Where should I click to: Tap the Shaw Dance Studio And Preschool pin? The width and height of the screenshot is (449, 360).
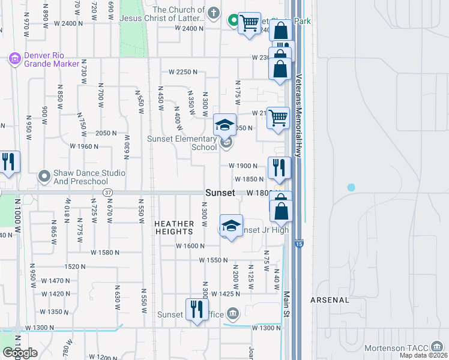[x=44, y=176]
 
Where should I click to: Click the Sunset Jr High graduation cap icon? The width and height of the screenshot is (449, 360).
[x=231, y=226]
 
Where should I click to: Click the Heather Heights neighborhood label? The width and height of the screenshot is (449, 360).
[x=174, y=227]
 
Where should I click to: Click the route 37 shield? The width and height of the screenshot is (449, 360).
[x=107, y=192]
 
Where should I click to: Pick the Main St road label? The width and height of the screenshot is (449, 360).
[x=287, y=306]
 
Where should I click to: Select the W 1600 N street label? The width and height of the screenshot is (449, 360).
[x=190, y=245]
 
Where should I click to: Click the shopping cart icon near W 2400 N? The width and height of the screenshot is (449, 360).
[x=249, y=24]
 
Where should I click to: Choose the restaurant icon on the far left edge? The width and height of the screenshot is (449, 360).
[x=8, y=162]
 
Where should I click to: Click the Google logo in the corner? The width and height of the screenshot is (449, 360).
[x=20, y=353]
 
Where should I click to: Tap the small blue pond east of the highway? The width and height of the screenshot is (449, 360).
[x=351, y=188]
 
